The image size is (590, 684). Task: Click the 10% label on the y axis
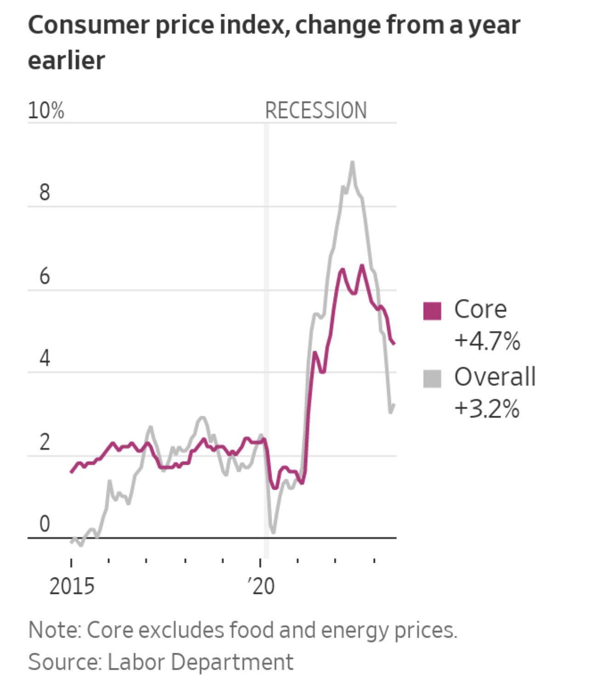click(46, 111)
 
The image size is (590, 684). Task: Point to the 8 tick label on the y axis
click(44, 192)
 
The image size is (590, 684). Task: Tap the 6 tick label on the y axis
click(44, 276)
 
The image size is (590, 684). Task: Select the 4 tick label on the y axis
click(44, 358)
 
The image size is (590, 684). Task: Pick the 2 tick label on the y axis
click(44, 442)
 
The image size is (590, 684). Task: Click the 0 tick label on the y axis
click(44, 524)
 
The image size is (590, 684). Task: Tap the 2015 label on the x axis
click(72, 587)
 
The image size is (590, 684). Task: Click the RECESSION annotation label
click(316, 111)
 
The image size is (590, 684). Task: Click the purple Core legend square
click(432, 311)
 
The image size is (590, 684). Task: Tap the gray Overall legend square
click(432, 379)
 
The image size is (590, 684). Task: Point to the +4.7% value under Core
click(487, 341)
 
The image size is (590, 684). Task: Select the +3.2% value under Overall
click(487, 408)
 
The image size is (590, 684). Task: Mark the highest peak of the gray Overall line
click(352, 162)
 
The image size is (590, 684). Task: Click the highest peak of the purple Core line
click(362, 266)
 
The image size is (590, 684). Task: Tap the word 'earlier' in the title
click(67, 61)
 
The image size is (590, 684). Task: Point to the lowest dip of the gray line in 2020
click(273, 532)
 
